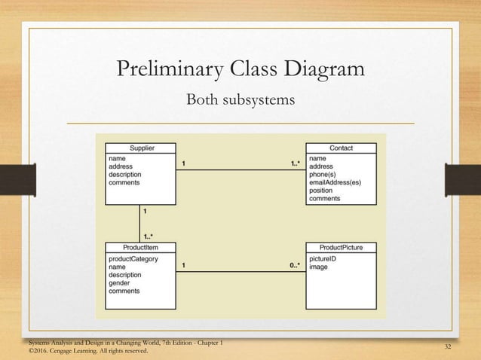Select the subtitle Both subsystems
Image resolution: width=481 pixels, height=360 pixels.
240,99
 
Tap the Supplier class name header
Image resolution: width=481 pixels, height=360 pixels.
140,148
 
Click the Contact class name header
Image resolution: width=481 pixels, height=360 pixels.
341,148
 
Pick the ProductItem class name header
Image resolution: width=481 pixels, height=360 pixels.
140,247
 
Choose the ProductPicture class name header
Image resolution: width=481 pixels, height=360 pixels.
341,247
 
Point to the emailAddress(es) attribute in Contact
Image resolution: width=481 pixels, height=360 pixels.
335,182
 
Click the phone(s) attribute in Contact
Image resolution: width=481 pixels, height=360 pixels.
324,175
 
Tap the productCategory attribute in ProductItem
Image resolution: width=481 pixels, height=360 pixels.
133,258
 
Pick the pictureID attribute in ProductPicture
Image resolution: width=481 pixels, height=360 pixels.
323,258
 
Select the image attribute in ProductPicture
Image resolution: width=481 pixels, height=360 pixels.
319,267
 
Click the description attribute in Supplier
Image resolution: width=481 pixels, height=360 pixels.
125,175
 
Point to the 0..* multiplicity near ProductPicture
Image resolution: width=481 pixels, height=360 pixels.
295,265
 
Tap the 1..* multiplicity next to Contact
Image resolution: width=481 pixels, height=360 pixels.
295,163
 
